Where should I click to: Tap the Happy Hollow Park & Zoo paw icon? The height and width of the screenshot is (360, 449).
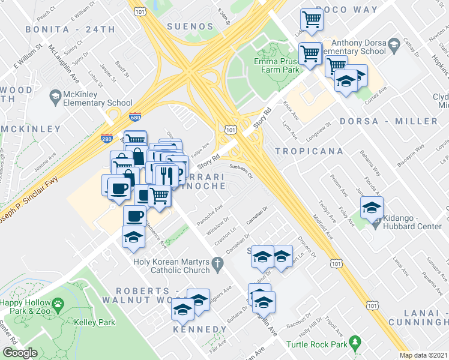[58, 305]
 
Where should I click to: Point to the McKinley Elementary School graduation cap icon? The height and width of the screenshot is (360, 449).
[55, 96]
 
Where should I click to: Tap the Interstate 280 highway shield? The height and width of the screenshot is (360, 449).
[107, 139]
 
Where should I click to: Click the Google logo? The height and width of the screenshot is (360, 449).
[20, 353]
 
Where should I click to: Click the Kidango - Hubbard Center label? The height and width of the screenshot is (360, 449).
[411, 220]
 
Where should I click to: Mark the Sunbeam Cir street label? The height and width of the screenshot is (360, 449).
[241, 173]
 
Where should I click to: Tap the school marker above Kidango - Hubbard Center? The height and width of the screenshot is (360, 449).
[371, 208]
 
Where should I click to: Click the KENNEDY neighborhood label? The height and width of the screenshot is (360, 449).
[199, 330]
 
